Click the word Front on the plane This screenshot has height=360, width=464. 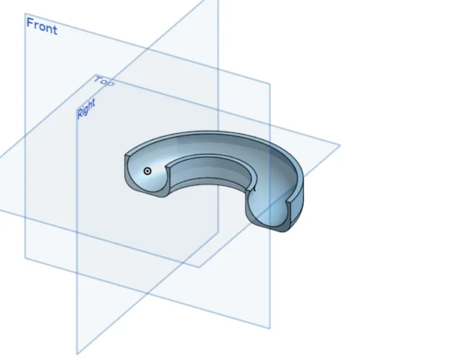[42, 26]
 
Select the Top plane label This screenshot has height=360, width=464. [104, 82]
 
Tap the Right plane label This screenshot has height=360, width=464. [86, 109]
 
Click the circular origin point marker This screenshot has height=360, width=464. [147, 171]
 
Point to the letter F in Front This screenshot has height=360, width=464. [30, 23]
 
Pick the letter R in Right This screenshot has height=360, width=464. [80, 114]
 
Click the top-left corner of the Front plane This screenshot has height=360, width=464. [25, 13]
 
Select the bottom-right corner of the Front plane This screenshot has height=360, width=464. [270, 328]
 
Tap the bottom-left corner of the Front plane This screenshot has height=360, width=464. [25, 258]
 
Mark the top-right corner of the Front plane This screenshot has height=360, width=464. [270, 84]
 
